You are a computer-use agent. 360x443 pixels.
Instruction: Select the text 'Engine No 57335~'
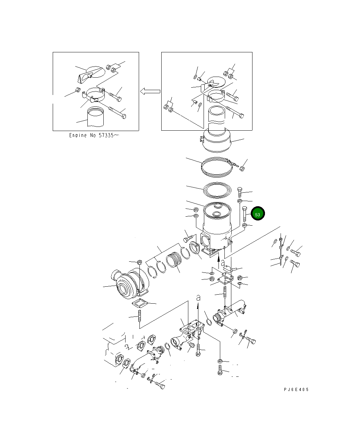point(94,136)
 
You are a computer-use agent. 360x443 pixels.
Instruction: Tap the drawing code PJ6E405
point(296,389)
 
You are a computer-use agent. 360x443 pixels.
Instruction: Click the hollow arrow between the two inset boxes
point(150,91)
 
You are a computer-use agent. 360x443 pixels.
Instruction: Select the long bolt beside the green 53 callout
point(245,214)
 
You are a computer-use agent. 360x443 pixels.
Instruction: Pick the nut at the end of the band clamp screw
point(242,169)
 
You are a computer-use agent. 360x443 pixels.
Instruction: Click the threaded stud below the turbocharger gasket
point(140,316)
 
